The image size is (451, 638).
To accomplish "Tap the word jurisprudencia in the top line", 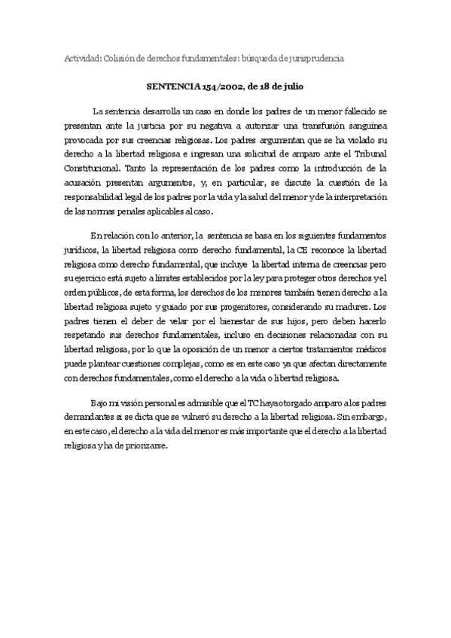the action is click(316, 58).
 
